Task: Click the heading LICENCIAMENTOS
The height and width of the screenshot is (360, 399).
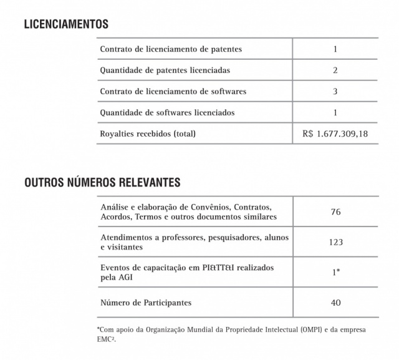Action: [x=67, y=25]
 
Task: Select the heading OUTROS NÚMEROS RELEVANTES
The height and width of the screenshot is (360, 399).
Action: [x=103, y=183]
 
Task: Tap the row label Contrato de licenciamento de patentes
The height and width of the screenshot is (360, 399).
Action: [x=171, y=49]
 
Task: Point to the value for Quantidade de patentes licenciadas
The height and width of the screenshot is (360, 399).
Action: [x=335, y=70]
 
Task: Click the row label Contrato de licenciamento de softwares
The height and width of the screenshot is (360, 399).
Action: [x=173, y=91]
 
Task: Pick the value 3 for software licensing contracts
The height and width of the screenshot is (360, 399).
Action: [x=335, y=91]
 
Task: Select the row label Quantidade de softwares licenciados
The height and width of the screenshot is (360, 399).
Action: [x=168, y=113]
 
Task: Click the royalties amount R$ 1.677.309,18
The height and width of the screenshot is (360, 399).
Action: [x=335, y=134]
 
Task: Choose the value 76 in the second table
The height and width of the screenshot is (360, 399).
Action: [x=335, y=212]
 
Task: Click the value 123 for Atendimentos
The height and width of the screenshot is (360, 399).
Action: [x=335, y=242]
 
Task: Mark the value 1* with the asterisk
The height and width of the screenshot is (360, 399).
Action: [x=335, y=272]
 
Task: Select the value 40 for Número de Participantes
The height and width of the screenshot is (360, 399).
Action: [x=335, y=303]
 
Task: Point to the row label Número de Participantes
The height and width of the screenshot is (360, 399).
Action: [x=146, y=303]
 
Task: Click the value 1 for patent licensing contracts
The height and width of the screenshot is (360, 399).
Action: [x=335, y=49]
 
